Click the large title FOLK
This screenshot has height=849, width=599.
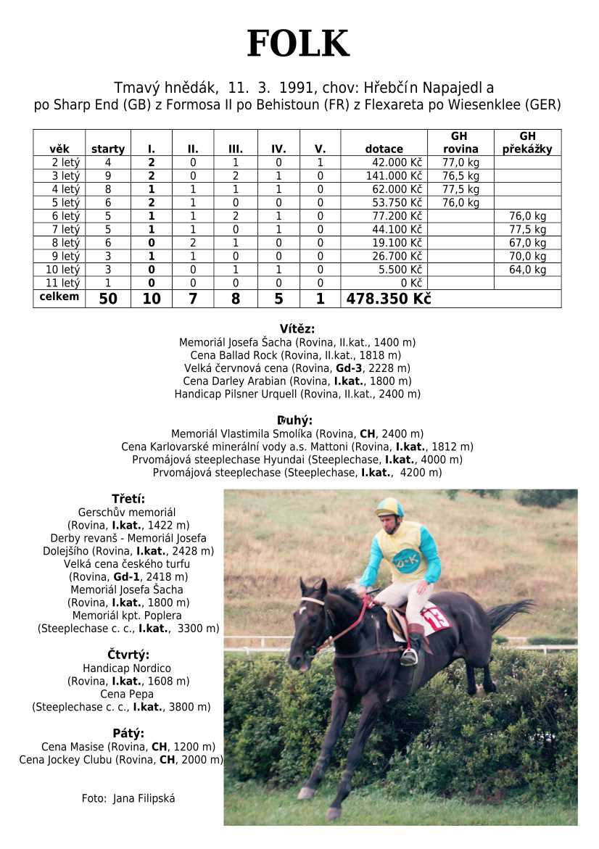[298, 45]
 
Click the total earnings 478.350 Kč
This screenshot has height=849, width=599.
[389, 299]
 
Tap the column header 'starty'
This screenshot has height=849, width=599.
[108, 149]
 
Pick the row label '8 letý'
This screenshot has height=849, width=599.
[59, 243]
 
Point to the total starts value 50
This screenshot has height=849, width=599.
[108, 299]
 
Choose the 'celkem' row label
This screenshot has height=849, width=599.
[59, 297]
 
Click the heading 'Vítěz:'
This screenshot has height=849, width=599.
[297, 328]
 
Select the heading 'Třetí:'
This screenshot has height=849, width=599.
[128, 499]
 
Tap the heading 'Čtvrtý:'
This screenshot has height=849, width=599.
[128, 655]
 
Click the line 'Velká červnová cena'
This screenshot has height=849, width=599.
[297, 368]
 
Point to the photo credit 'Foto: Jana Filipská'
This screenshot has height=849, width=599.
[128, 798]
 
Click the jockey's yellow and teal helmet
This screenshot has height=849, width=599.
[389, 507]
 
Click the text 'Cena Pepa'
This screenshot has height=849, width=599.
[128, 694]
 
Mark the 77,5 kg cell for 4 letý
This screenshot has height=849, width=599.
[460, 189]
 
